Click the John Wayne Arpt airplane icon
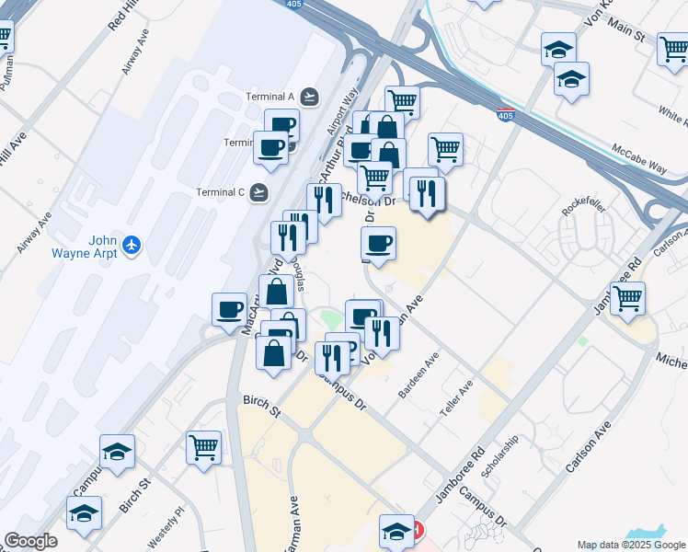click(x=132, y=245)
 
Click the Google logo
click(x=30, y=541)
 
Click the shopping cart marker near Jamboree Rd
click(x=627, y=298)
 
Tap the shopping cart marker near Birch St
click(x=203, y=448)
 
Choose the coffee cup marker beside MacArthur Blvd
click(x=229, y=309)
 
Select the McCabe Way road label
click(x=638, y=157)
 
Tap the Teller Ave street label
click(x=455, y=398)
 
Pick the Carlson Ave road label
click(x=589, y=448)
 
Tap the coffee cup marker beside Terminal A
click(x=282, y=125)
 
